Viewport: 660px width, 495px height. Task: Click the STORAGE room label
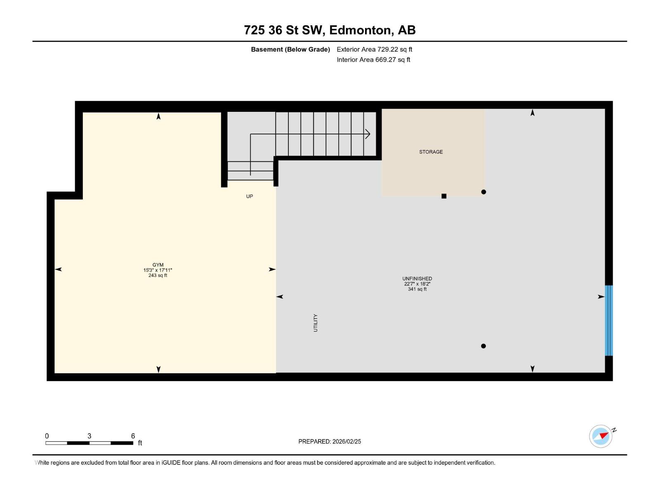click(431, 152)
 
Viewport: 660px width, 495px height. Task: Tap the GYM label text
click(158, 265)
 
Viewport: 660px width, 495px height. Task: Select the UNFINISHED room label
click(417, 278)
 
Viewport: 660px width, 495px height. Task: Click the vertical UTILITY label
click(316, 323)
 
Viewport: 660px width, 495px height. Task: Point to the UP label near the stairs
click(250, 196)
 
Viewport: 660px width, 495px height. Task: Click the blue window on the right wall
click(608, 320)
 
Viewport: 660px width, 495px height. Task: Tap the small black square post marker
click(444, 196)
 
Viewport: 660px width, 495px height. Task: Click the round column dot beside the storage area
click(483, 192)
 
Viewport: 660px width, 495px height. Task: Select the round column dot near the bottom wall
click(483, 346)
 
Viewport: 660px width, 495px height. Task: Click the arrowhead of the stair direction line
click(368, 134)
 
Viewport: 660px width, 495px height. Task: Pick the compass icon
click(601, 436)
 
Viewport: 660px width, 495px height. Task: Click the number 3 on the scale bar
click(89, 436)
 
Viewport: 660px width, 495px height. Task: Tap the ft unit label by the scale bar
click(140, 443)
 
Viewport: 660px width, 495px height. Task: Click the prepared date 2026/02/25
click(346, 441)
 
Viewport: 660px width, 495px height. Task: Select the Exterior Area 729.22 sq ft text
click(374, 49)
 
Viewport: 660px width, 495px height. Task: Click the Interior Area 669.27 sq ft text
click(373, 59)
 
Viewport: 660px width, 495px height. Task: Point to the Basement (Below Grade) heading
click(290, 49)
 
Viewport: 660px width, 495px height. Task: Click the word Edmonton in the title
click(361, 30)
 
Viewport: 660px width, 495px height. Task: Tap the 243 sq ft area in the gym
click(158, 276)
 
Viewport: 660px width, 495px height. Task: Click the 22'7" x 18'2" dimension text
click(417, 284)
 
